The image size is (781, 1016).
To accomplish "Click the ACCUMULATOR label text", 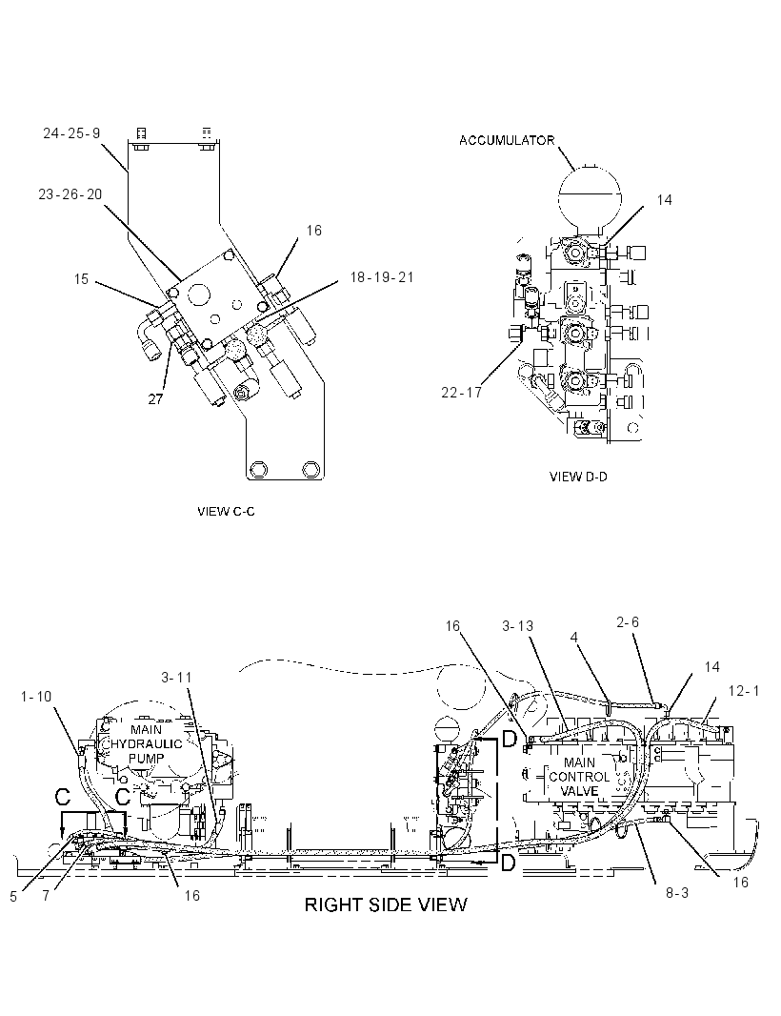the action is (x=507, y=140).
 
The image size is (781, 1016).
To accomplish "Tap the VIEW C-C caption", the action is (x=226, y=511).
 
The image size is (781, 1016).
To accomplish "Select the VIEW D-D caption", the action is (x=578, y=477).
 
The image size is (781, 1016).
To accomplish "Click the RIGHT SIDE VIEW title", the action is (x=386, y=904).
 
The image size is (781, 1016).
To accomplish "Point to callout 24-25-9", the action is (x=71, y=133).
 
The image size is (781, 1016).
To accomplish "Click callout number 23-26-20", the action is (x=70, y=194).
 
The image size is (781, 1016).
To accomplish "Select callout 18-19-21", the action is (x=381, y=277).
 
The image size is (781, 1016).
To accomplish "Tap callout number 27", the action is (x=155, y=399).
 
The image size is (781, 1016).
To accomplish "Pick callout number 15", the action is (x=81, y=279).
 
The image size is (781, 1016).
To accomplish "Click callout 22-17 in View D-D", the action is (x=461, y=393).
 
